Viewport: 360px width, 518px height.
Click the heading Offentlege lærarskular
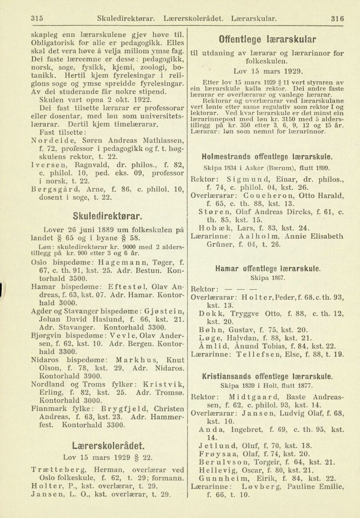point(267,40)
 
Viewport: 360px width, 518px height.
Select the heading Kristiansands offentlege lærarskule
point(268,376)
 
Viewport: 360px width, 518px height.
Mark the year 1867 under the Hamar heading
point(267,278)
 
